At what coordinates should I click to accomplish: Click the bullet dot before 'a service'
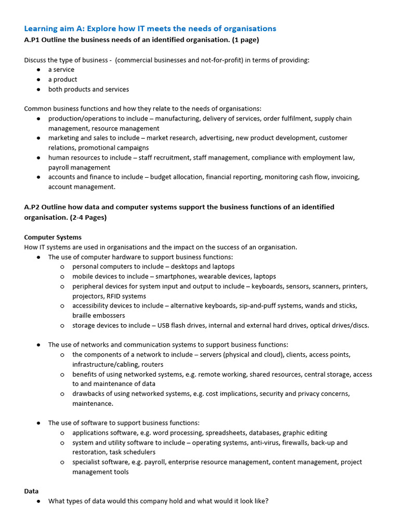click(x=39, y=70)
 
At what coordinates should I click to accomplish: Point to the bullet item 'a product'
click(x=62, y=79)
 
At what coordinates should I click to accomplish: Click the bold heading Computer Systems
click(x=53, y=237)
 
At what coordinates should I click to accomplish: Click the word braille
click(x=83, y=315)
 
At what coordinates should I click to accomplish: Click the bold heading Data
click(x=31, y=491)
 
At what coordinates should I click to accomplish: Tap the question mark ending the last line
click(x=267, y=501)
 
